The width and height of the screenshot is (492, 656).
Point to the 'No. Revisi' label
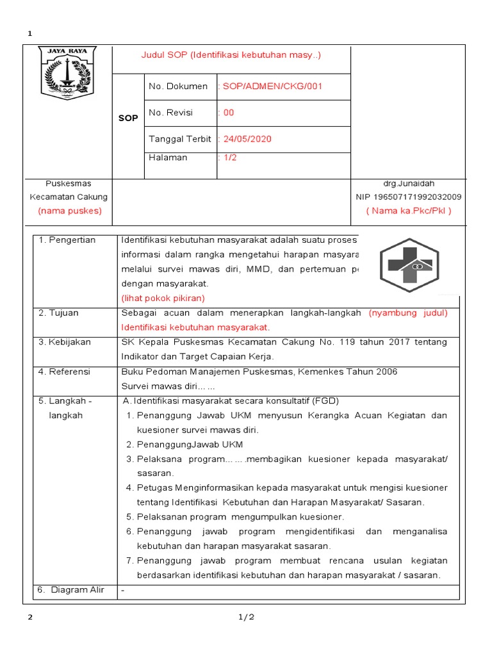coord(170,113)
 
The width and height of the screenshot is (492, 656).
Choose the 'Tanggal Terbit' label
coord(179,139)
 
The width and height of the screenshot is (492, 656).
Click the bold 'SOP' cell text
coord(128,119)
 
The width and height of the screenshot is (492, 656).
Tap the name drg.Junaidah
coord(408,184)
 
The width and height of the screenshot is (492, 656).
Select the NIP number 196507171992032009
coord(408,197)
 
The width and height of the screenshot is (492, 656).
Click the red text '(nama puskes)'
coord(69,211)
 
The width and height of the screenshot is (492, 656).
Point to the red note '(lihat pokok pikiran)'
coord(163,298)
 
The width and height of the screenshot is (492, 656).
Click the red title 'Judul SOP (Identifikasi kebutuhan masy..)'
coord(231,55)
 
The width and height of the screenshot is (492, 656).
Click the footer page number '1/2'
coord(247,618)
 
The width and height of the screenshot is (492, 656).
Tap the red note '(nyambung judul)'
coord(408,313)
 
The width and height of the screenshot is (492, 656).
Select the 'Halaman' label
coord(168,158)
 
